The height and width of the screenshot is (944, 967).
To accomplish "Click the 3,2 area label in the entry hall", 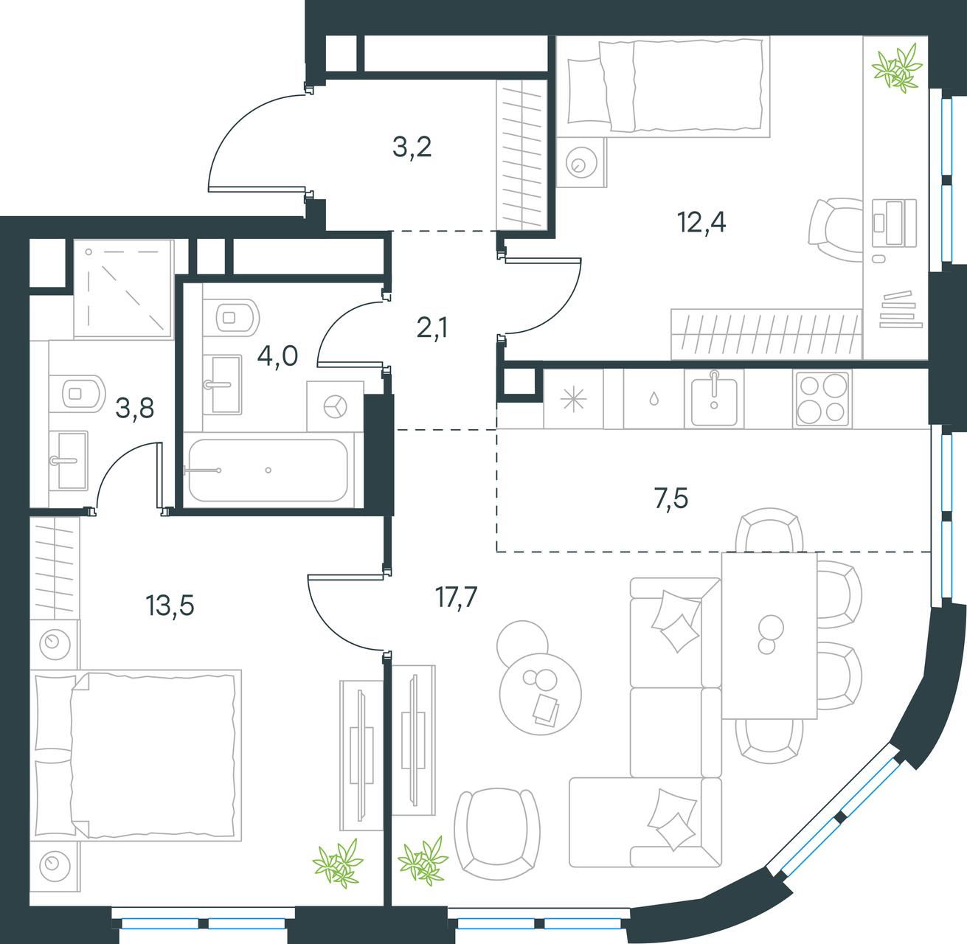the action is pos(412,147).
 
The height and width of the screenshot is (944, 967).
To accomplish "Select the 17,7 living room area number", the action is pos(456,597).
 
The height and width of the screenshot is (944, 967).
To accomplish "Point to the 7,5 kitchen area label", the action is pos(671,499).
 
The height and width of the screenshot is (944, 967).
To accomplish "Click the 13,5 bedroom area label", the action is pos(170,605).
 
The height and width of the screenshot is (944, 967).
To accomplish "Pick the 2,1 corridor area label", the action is pos(432,328).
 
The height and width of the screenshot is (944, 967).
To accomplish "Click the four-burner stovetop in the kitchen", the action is pos(822,399).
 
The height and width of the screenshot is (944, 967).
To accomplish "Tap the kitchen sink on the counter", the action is pos(714,398).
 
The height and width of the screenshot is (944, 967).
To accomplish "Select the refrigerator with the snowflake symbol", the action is pos(573,398).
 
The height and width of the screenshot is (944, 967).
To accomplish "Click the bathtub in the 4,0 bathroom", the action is pos(268,470).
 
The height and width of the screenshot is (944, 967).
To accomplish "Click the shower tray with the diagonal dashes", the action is pos(123,288).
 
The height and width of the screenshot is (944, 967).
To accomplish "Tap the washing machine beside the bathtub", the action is pos(335,406).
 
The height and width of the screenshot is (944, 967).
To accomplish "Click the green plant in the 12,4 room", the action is pos(898,68).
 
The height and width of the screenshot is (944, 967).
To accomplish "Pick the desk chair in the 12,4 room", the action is pos(836,229).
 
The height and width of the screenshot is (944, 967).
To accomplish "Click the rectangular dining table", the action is pos(769,635).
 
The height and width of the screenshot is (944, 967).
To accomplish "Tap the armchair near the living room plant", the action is pos(496,834).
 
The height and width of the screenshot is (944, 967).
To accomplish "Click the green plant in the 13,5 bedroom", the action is pos(338,863).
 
